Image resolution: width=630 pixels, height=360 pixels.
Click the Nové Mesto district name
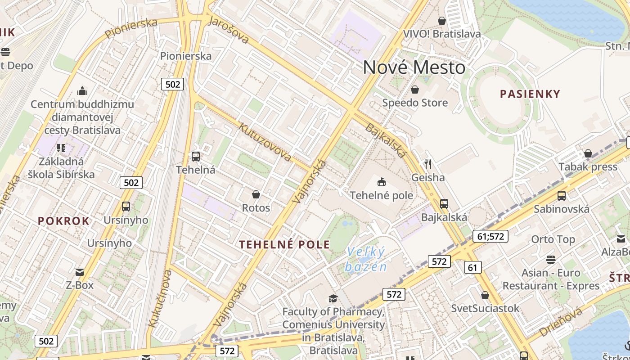[414, 67]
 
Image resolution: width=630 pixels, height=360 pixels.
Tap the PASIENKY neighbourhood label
[531, 94]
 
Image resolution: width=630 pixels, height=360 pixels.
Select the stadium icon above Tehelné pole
[381, 182]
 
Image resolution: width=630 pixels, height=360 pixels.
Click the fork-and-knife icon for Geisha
[428, 164]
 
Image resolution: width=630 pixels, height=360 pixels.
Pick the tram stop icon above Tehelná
[195, 157]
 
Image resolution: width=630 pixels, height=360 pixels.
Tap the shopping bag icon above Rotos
[256, 194]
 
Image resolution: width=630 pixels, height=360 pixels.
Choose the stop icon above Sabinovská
[561, 195]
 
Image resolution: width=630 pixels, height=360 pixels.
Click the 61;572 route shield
[490, 236]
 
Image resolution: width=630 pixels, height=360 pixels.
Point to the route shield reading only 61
[472, 268]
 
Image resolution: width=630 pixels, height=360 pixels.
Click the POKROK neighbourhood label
[63, 221]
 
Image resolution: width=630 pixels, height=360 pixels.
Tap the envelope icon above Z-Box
[80, 272]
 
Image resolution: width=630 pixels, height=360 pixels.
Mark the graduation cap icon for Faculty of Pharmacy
[333, 298]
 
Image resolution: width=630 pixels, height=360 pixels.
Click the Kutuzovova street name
[265, 142]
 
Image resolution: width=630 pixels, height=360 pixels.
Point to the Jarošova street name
[229, 30]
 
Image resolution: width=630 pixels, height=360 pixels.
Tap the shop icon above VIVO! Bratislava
[442, 21]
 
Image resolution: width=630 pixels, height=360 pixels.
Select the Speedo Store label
[415, 103]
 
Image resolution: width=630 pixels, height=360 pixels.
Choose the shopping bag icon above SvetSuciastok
[485, 295]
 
